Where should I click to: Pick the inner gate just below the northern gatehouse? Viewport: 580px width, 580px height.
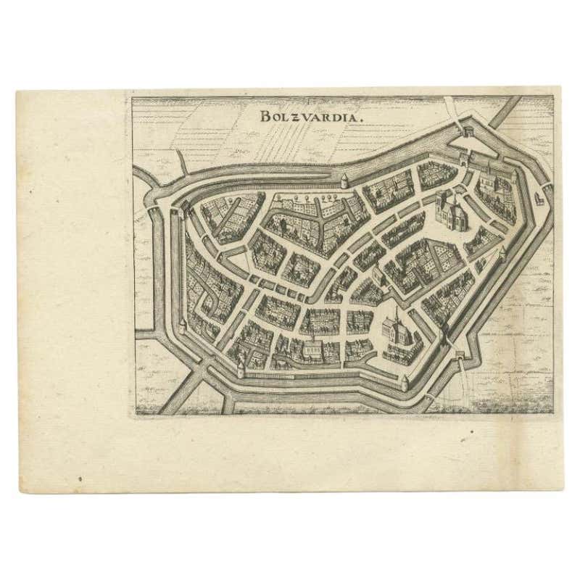pyautogui.click(x=462, y=154)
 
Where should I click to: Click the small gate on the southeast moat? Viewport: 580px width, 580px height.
pyautogui.click(x=458, y=356)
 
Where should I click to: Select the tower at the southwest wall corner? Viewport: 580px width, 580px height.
pyautogui.click(x=240, y=368)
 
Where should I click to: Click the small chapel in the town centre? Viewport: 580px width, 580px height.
pyautogui.click(x=377, y=274)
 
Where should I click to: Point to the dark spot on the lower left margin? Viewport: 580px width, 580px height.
pyautogui.click(x=80, y=478)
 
